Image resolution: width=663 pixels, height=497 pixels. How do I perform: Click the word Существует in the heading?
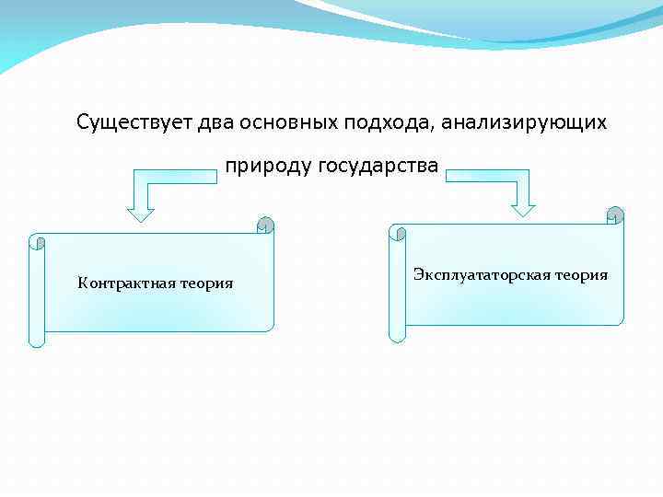[x=135, y=122]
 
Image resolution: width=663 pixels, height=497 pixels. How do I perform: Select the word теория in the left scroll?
[x=206, y=283]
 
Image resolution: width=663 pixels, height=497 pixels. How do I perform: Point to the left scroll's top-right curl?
[x=265, y=224]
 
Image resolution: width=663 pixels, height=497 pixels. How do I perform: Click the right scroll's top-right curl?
[x=615, y=214]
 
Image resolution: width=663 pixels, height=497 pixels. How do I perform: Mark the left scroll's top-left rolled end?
[x=37, y=242]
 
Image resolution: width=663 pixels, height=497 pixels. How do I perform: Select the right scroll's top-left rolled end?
[x=397, y=232]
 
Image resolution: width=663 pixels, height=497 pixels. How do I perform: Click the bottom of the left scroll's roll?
[x=37, y=340]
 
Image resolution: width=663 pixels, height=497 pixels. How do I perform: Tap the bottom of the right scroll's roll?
[x=397, y=333]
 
